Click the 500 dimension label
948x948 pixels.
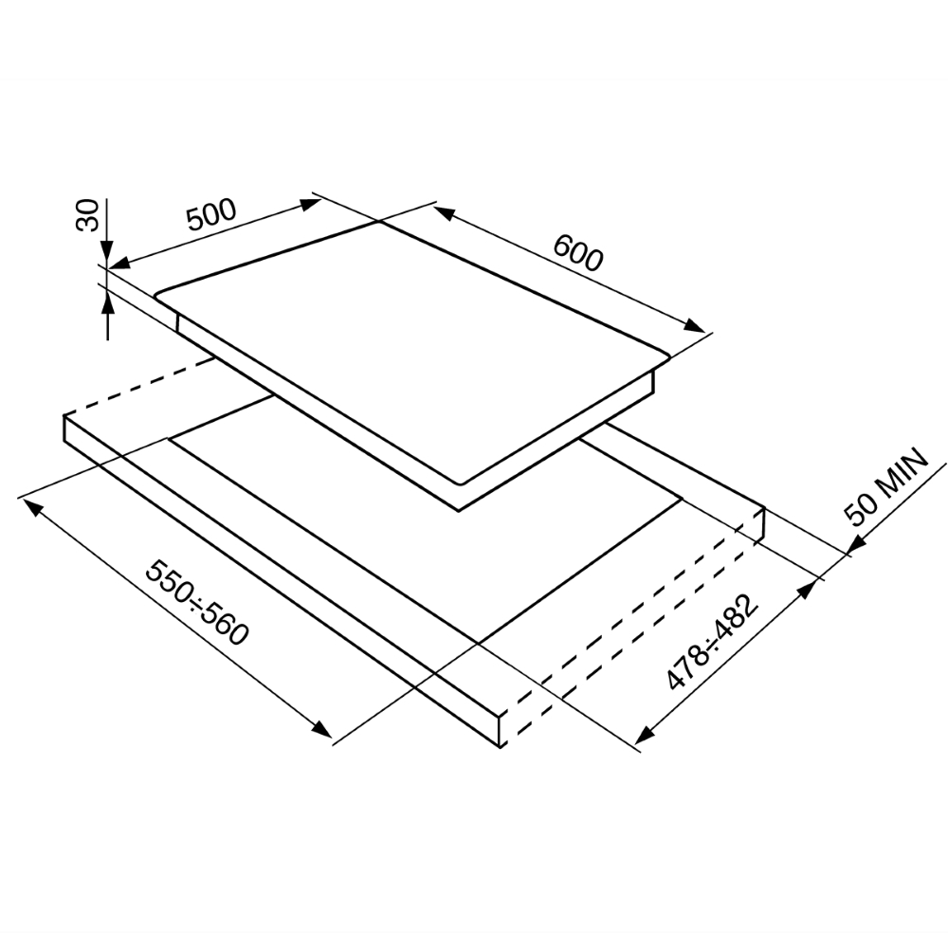point(211,214)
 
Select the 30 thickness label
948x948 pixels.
point(87,214)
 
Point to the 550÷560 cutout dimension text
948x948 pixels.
point(197,602)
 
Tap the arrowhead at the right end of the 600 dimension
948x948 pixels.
point(695,325)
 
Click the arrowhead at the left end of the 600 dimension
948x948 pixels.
point(443,212)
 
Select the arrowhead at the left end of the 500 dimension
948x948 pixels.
point(119,263)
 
